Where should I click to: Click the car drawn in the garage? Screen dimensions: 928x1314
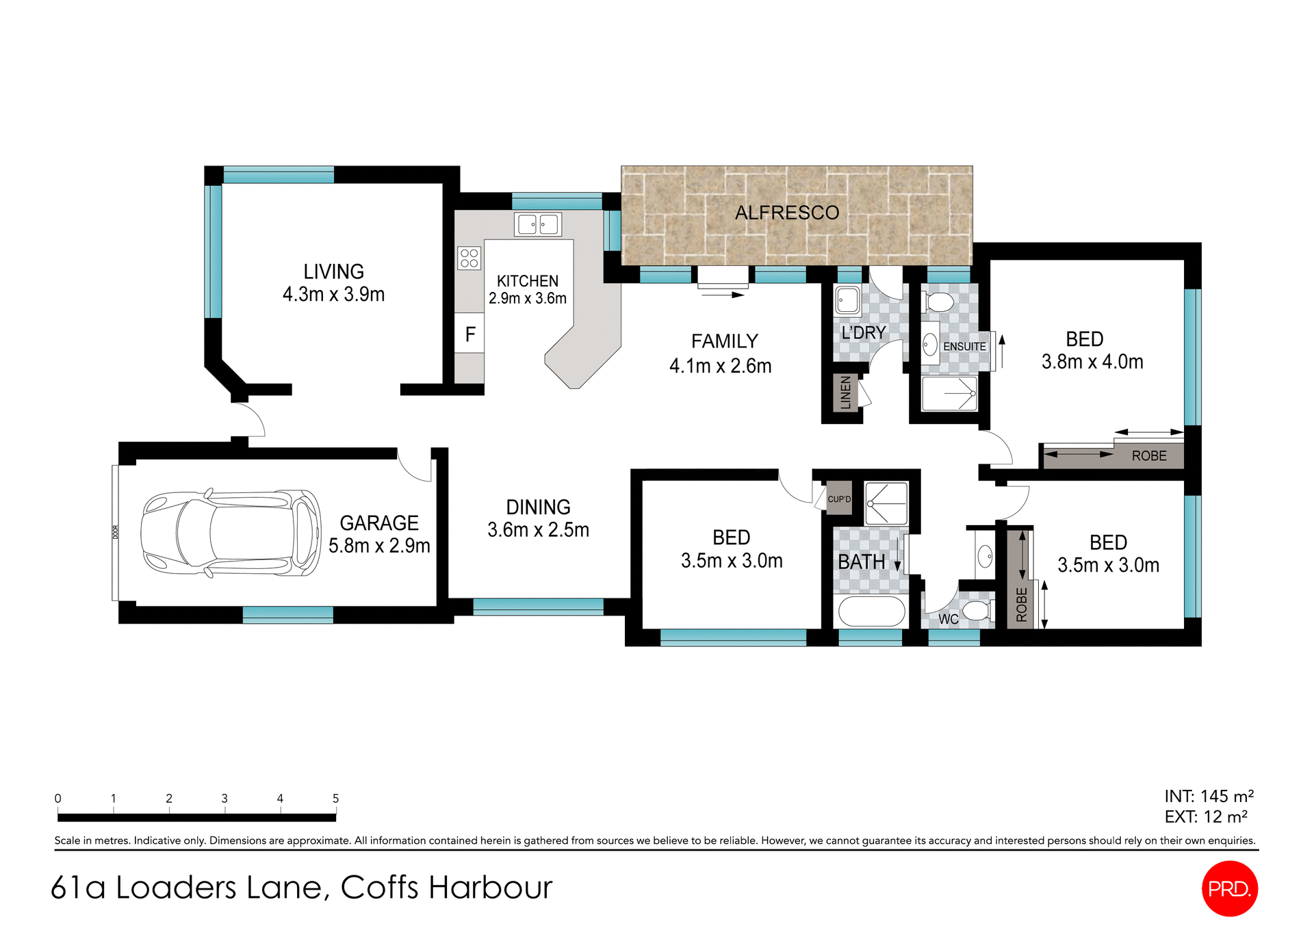(230, 533)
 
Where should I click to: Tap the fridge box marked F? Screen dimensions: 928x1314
(469, 334)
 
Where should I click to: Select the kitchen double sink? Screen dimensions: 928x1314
(538, 224)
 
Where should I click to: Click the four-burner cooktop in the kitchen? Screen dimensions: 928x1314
(469, 258)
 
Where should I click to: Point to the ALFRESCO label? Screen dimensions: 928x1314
(786, 213)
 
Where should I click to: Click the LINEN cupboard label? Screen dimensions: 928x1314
(846, 393)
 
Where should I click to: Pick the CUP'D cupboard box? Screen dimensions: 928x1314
(839, 499)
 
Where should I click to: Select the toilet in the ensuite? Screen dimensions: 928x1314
(940, 302)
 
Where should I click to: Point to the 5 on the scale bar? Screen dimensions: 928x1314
(335, 798)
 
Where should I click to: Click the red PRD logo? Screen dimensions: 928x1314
(1229, 888)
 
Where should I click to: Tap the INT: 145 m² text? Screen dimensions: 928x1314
(1209, 796)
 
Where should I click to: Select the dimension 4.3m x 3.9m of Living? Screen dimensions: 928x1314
(333, 294)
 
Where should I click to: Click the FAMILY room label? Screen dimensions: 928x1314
(724, 341)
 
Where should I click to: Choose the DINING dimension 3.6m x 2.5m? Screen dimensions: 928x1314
(538, 530)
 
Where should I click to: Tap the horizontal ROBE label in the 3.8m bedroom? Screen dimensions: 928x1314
(1148, 456)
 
